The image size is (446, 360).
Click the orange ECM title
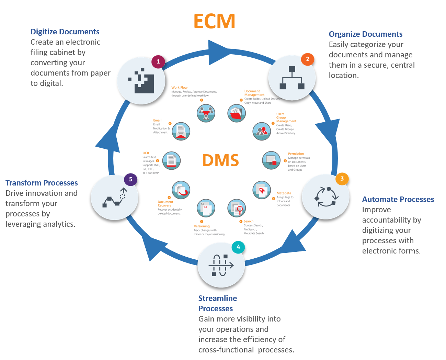[x=214, y=21]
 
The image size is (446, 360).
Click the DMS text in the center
[x=220, y=160]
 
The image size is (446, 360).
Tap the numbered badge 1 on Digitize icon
[x=158, y=61]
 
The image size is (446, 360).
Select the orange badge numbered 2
[x=307, y=59]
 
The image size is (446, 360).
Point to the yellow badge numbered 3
[x=342, y=178]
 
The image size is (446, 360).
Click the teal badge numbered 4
[x=238, y=247]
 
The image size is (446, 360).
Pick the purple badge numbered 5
[x=130, y=179]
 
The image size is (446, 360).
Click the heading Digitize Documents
[x=65, y=32]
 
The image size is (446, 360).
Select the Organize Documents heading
[x=365, y=34]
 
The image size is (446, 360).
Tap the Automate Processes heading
[x=398, y=199]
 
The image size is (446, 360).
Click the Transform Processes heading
[x=42, y=183]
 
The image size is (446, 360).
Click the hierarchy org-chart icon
[x=292, y=78]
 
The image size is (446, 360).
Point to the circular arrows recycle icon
[x=326, y=197]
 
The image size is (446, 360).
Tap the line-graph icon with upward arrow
[x=115, y=198]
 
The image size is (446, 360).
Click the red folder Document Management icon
[x=237, y=113]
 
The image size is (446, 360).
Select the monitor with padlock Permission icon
[x=271, y=160]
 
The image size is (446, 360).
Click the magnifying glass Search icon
[x=237, y=208]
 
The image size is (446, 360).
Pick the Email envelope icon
[x=181, y=131]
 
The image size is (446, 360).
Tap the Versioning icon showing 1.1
[x=206, y=208]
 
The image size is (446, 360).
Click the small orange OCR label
[x=146, y=153]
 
